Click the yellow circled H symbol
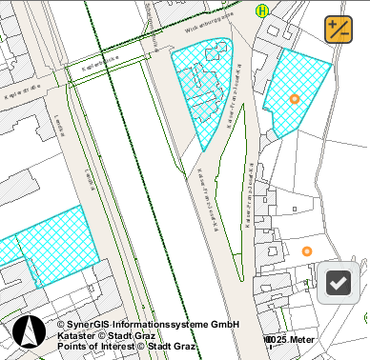point(262,11)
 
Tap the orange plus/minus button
point(339,30)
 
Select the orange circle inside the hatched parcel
point(294,99)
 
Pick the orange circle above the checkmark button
point(306,251)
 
